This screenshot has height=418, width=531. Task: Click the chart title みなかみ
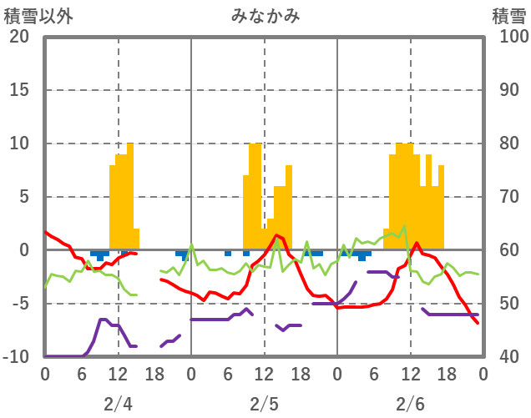265,15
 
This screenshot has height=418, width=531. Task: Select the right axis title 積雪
508,15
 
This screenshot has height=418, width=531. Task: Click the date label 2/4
118,404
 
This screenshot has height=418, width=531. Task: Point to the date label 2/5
265,404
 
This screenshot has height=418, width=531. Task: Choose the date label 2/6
411,404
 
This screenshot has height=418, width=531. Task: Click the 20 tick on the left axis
20,37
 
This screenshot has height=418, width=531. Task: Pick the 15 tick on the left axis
20,90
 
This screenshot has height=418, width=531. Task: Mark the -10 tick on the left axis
15,357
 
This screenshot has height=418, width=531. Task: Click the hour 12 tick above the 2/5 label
265,373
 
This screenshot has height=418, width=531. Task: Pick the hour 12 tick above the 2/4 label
118,373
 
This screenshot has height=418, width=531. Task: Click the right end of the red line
478,323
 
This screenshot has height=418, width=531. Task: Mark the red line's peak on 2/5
276,235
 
